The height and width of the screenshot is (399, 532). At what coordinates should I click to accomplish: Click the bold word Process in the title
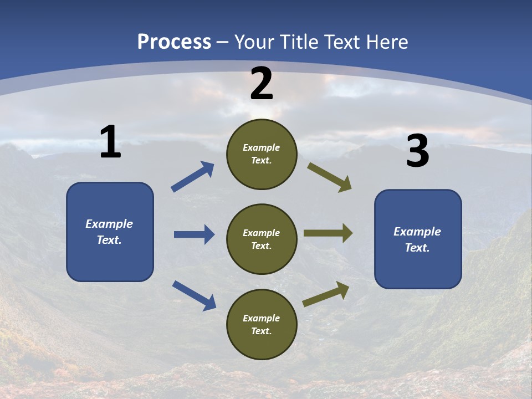[174, 42]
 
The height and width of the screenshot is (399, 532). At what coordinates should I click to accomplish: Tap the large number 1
[110, 142]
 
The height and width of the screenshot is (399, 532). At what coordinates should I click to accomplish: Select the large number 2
[262, 84]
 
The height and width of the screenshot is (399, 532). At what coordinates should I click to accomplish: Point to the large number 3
[417, 151]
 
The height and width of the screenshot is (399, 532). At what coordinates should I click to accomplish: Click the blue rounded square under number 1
[110, 232]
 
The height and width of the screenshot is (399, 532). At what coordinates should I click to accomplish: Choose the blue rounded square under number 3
[418, 239]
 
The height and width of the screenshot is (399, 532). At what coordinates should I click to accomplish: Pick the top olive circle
[262, 154]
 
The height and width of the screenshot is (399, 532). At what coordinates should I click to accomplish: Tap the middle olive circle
[262, 239]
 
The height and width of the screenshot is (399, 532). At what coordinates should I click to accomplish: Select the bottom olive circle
[262, 324]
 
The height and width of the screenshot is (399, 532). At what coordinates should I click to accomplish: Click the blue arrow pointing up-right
[193, 177]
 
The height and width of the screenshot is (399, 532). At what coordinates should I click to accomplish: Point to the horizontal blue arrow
[194, 234]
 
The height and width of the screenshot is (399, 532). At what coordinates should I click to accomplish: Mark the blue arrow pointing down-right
[194, 295]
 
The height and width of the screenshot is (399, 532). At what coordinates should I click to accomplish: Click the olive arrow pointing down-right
[330, 177]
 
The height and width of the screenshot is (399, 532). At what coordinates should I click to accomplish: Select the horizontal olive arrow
[328, 233]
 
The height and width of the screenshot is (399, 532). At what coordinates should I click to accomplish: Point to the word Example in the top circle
[262, 148]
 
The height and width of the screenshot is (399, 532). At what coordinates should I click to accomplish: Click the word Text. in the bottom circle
[262, 331]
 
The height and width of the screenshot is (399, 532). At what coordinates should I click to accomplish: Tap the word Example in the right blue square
[417, 232]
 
